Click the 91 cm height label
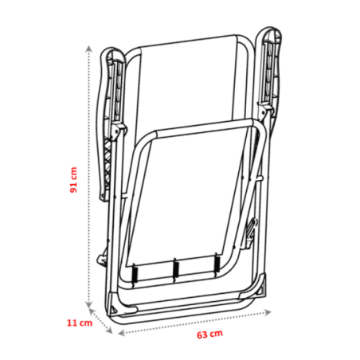73,180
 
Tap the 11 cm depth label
80,323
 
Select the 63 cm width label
209,335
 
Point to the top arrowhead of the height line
89,49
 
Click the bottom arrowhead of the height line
89,304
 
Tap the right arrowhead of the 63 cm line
268,312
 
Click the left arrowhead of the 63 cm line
121,333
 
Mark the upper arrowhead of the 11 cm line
92,311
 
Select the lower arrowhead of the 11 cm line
109,330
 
